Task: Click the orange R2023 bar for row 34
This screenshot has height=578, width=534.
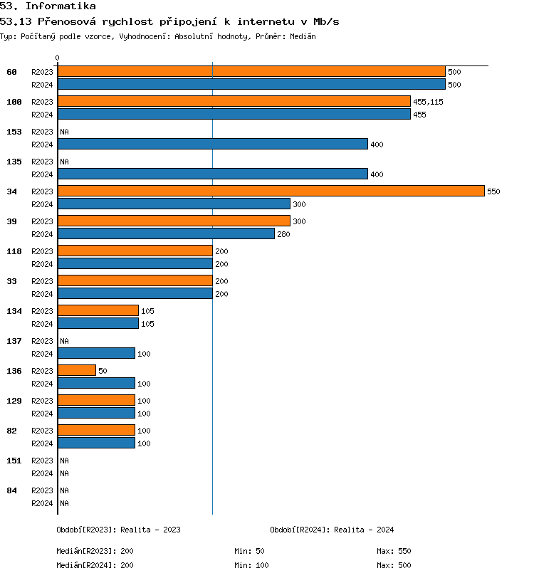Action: pyautogui.click(x=271, y=191)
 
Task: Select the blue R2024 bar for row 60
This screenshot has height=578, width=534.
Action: pyautogui.click(x=251, y=84)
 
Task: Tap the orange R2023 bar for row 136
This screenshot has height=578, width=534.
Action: pyautogui.click(x=77, y=370)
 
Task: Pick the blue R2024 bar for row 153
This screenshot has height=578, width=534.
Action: pyautogui.click(x=212, y=144)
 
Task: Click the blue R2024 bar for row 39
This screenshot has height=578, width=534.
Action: pyautogui.click(x=166, y=233)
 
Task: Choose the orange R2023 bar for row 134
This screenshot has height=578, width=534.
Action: pyautogui.click(x=98, y=310)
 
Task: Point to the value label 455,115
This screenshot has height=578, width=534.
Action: pyautogui.click(x=428, y=102)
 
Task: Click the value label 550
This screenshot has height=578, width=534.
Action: pyautogui.click(x=493, y=191)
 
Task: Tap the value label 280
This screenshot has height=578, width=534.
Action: pyautogui.click(x=284, y=234)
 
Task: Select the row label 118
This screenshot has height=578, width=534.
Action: pyautogui.click(x=14, y=251)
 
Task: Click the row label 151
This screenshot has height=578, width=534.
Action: pyautogui.click(x=14, y=461)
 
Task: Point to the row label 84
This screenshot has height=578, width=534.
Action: pyautogui.click(x=11, y=490)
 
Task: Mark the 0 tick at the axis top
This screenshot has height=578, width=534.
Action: pyautogui.click(x=58, y=58)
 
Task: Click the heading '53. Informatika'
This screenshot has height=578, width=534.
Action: pyautogui.click(x=48, y=6)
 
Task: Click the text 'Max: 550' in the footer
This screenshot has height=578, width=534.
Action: pyautogui.click(x=394, y=551)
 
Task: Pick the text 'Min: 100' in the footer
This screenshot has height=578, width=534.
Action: pyautogui.click(x=251, y=565)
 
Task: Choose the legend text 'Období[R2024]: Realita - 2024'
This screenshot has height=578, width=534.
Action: pyautogui.click(x=332, y=530)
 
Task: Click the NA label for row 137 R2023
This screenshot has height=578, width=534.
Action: pyautogui.click(x=64, y=341)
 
